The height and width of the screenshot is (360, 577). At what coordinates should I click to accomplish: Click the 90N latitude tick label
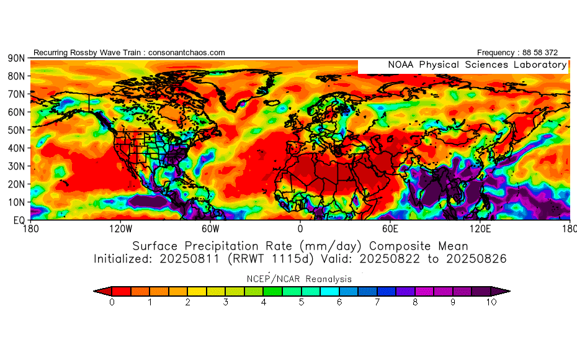point(16,58)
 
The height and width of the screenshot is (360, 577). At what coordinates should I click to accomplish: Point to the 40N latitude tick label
point(16,148)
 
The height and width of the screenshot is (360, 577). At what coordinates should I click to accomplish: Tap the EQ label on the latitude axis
point(19,220)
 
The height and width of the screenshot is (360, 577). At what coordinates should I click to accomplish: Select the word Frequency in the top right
point(497,53)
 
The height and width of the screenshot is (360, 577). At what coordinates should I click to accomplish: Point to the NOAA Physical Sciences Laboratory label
point(477,65)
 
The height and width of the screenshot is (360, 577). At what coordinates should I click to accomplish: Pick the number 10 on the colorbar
point(491,302)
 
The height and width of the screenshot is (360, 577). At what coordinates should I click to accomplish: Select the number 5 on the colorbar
point(301,302)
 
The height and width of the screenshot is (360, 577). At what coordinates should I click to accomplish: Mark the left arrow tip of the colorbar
point(95,290)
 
